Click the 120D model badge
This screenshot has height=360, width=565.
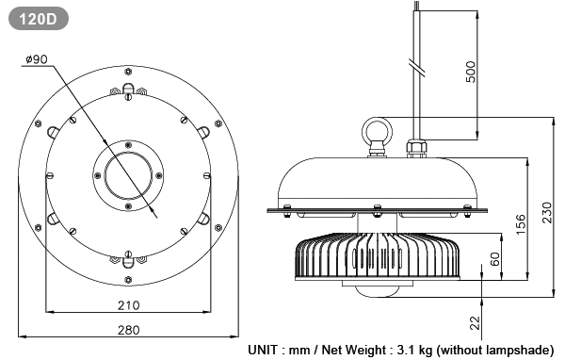coord(39,18)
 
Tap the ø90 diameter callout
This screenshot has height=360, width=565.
coord(37,59)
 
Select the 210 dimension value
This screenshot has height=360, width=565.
coord(128,305)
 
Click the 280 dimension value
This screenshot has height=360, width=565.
coord(128,330)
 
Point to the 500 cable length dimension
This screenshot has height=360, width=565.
coord(471,72)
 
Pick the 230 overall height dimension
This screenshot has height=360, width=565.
coord(546,213)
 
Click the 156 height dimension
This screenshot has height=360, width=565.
coord(521,224)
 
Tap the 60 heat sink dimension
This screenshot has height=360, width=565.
coord(495,259)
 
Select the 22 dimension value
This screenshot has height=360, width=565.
coord(476,323)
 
